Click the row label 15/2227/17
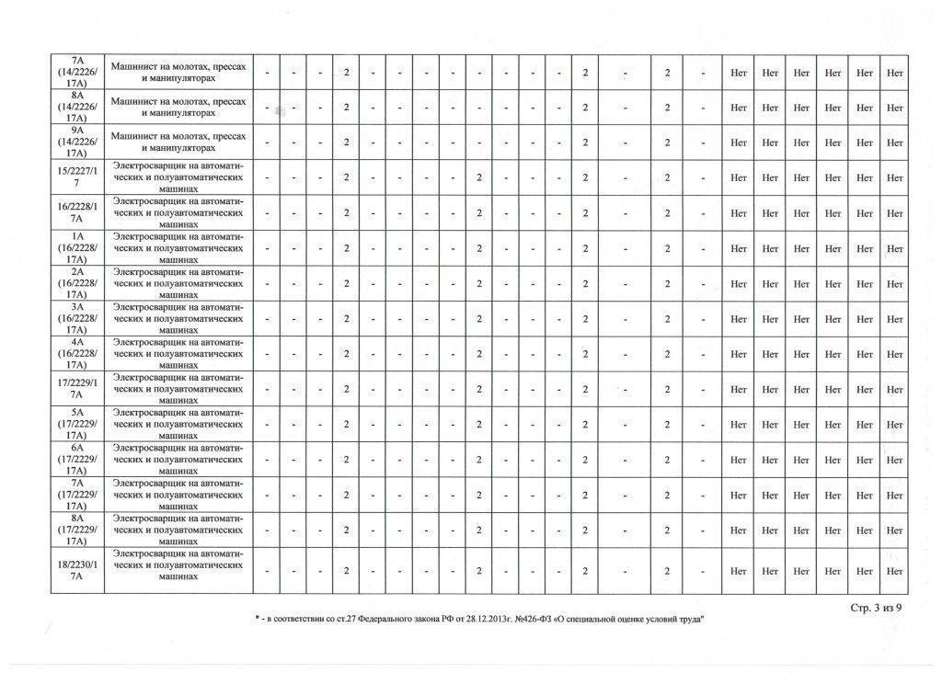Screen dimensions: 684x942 click(x=77, y=177)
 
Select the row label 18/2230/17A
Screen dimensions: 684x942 click(x=77, y=571)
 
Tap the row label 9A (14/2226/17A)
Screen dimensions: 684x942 click(x=77, y=142)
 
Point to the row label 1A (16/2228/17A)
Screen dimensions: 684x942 click(x=77, y=248)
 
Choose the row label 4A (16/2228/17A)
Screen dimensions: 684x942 click(x=77, y=354)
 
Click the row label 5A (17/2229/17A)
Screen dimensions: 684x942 click(x=77, y=424)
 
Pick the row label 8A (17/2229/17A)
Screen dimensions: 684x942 click(x=77, y=530)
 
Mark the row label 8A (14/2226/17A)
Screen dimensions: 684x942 click(x=77, y=108)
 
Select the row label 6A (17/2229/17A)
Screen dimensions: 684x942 click(x=77, y=459)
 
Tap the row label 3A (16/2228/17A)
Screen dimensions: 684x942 click(x=77, y=318)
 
